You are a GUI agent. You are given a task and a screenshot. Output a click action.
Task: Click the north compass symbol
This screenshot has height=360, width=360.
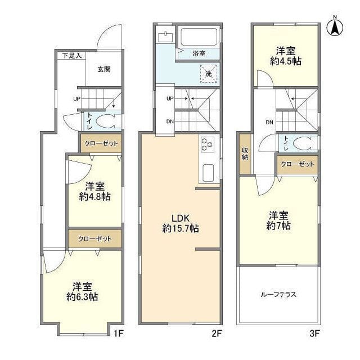[336, 27]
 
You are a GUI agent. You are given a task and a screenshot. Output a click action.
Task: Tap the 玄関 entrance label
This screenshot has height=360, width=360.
[103, 69]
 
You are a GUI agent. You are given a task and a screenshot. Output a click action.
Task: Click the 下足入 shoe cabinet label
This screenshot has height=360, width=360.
[71, 55]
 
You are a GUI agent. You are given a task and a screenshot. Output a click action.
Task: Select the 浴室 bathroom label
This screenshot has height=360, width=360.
[199, 53]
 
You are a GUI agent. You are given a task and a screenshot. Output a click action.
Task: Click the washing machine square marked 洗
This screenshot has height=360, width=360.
[208, 73]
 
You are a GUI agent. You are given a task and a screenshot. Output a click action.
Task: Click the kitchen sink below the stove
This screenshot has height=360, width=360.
[206, 172]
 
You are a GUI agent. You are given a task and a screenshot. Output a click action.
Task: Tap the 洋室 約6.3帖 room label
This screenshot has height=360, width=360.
[85, 290]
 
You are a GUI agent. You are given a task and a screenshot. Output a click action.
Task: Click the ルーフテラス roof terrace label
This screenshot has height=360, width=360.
[278, 294]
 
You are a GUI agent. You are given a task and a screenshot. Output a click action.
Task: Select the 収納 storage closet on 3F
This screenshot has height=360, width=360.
[245, 153]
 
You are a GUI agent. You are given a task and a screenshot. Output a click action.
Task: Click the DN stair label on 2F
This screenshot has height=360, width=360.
[170, 121]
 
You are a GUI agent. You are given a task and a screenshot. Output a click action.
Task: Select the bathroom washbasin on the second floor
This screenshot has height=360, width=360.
[165, 37]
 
